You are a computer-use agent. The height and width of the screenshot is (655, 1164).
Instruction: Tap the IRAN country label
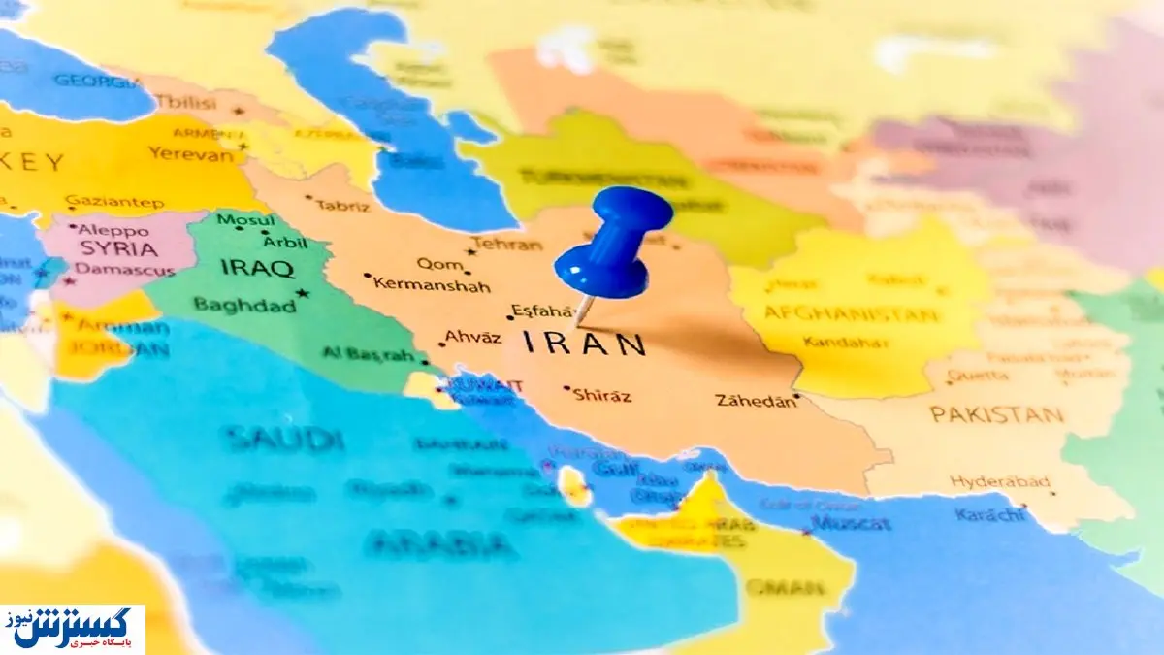click(584, 344)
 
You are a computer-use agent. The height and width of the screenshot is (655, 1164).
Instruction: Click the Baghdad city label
click(244, 306)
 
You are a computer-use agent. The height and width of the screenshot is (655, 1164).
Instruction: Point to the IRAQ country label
click(257, 268)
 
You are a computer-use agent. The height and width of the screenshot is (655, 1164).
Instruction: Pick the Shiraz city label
click(601, 395)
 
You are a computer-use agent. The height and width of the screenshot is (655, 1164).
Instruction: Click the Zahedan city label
click(755, 400)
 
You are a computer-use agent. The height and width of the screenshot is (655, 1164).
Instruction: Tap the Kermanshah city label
click(432, 284)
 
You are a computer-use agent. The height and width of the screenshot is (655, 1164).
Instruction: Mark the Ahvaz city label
click(472, 337)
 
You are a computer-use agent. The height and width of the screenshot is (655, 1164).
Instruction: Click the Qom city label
click(434, 263)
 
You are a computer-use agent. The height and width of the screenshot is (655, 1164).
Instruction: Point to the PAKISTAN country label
click(996, 414)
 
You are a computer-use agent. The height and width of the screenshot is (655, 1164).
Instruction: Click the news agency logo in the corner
click(73, 629)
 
